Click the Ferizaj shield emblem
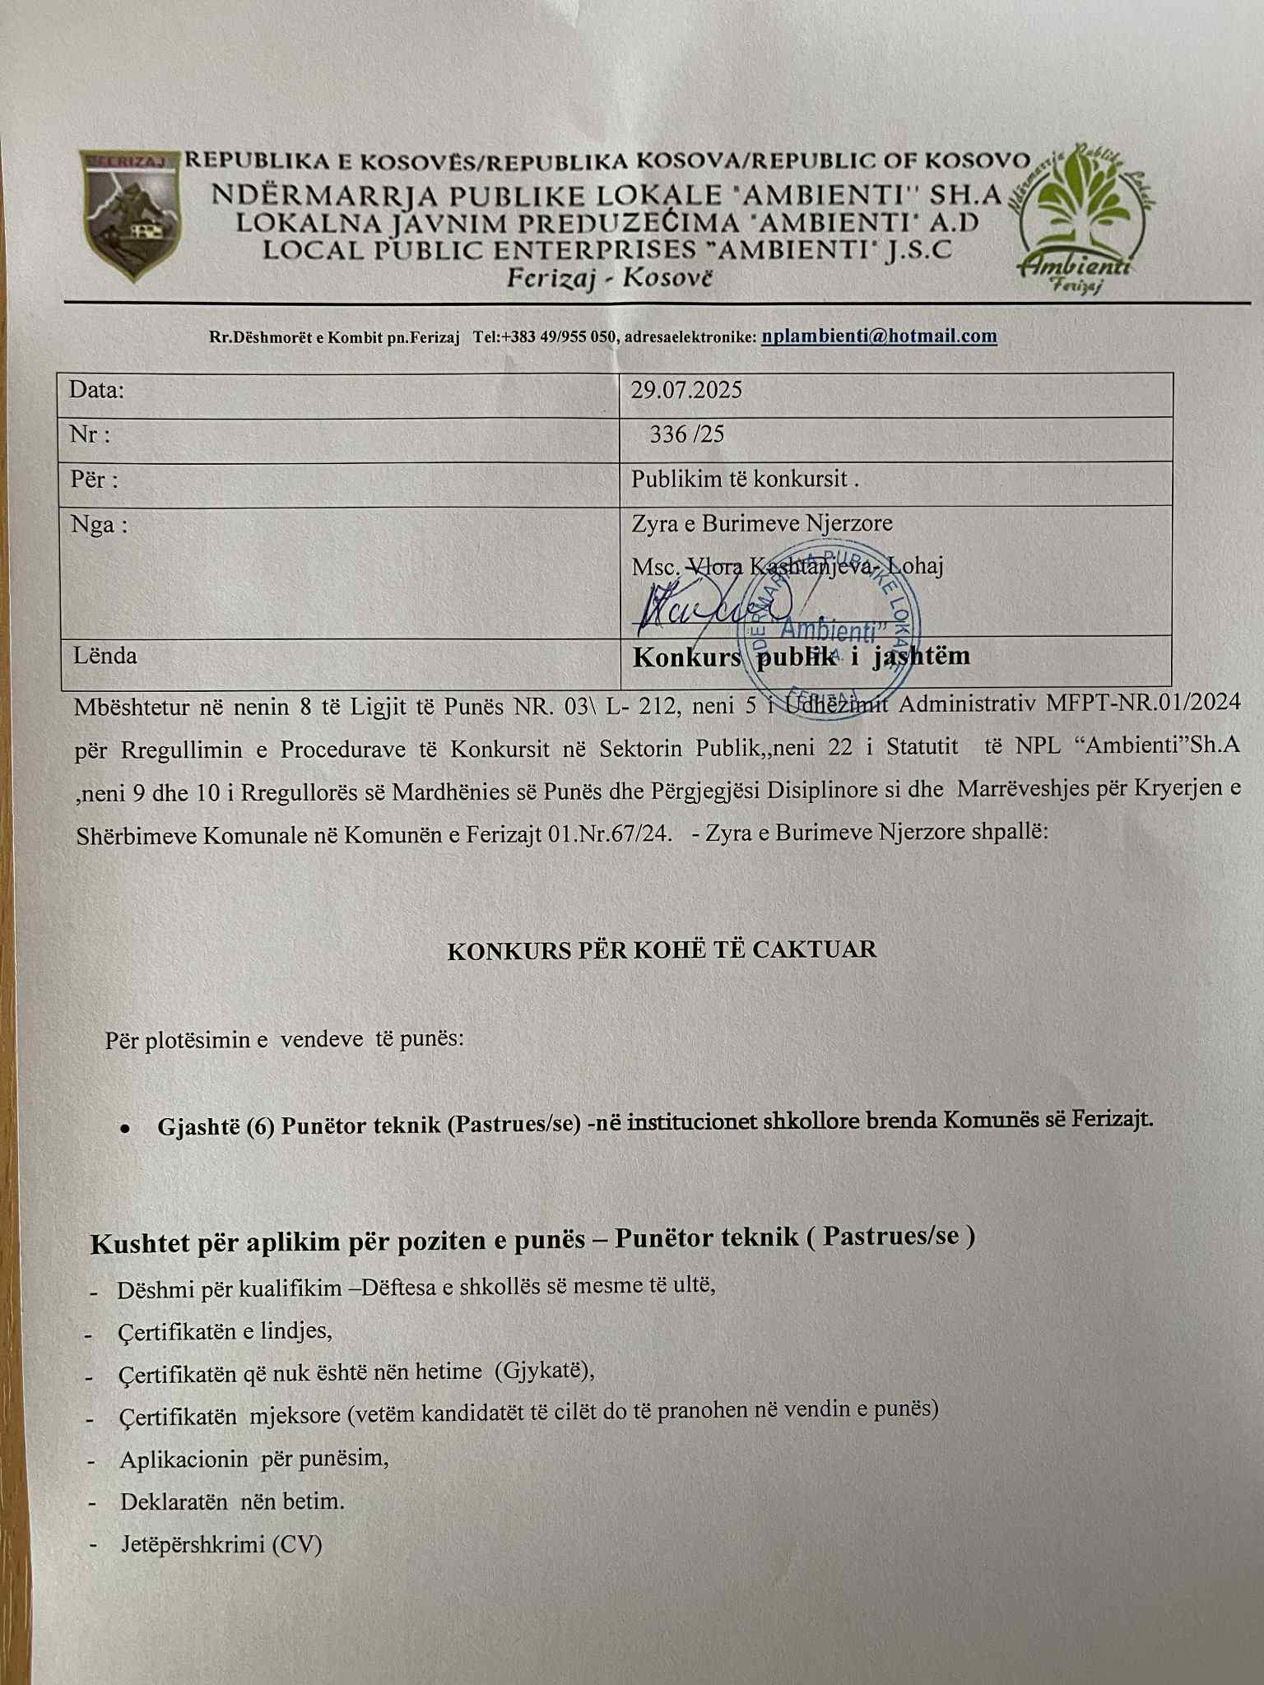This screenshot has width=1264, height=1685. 132,216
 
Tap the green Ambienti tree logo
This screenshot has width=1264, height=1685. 1084,218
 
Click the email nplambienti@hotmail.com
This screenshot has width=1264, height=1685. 879,336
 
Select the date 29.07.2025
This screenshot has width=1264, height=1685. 686,390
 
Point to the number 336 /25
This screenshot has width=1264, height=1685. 686,434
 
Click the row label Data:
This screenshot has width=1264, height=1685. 96,390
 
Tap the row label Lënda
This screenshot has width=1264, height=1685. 105,656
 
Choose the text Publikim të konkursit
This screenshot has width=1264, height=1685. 744,480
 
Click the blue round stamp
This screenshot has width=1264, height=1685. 831,625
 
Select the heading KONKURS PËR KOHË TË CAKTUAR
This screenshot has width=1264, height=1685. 662,950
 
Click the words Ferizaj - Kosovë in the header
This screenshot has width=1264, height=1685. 609,278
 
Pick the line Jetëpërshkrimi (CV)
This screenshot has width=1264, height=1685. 221,1544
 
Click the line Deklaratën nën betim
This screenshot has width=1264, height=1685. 232,1502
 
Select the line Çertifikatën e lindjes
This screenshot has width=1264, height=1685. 225,1331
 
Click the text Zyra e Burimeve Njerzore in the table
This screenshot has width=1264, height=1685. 761,523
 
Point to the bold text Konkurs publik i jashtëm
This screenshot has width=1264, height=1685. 801,657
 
